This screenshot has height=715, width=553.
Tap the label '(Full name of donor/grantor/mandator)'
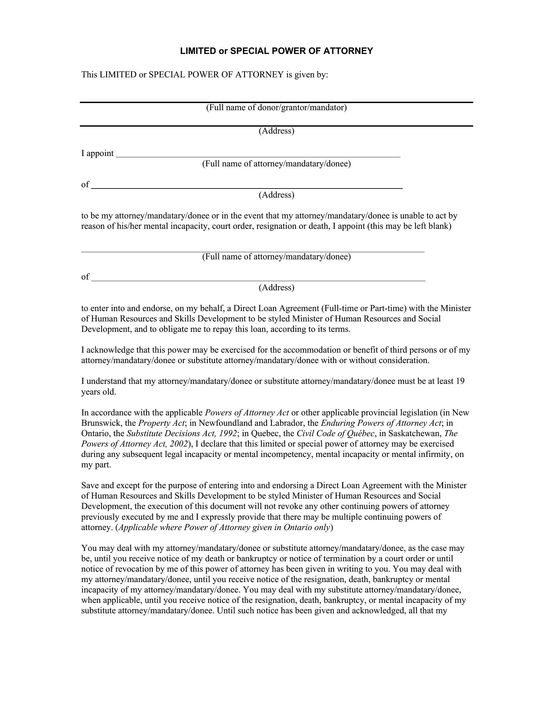pyautogui.click(x=276, y=107)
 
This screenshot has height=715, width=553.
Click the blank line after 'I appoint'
pyautogui.click(x=258, y=154)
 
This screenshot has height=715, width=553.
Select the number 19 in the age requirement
pyautogui.click(x=460, y=381)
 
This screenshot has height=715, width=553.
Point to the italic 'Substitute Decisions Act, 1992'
pyautogui.click(x=182, y=434)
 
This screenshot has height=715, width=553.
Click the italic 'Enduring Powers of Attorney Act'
pyautogui.click(x=381, y=423)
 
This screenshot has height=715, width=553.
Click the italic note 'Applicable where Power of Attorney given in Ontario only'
pyautogui.click(x=224, y=527)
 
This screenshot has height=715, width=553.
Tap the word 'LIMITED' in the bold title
pyautogui.click(x=198, y=51)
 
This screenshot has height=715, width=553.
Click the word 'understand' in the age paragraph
pyautogui.click(x=106, y=381)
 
